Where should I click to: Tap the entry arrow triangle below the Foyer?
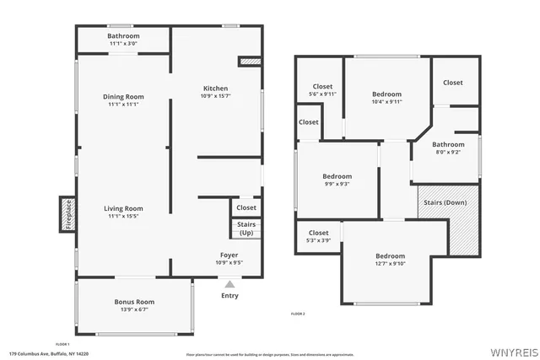(x=229, y=285)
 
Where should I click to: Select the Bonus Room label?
(x=134, y=302)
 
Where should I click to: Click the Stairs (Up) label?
(x=246, y=228)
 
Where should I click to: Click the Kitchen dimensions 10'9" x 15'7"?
(x=215, y=97)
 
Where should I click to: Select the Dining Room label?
(x=123, y=96)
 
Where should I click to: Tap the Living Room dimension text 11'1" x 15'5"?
(x=123, y=217)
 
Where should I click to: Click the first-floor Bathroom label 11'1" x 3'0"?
(x=123, y=44)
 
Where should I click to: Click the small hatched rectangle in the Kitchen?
(x=251, y=61)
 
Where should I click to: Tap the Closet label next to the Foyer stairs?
(x=246, y=207)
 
